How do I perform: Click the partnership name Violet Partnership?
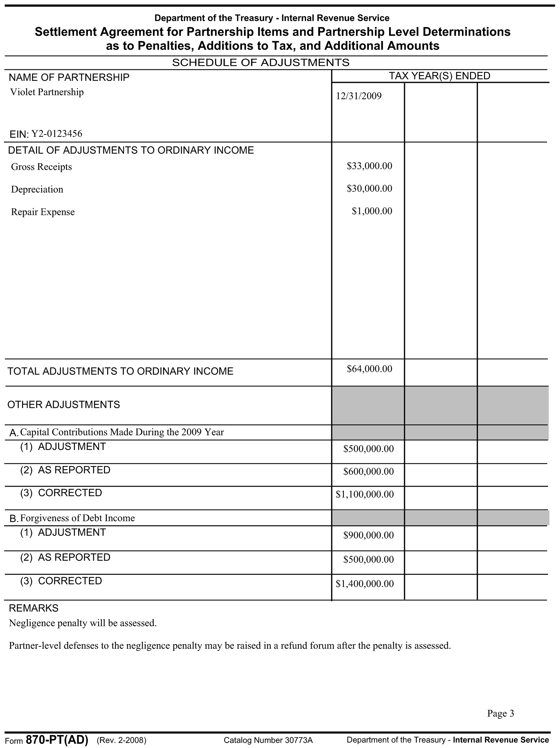point(47,92)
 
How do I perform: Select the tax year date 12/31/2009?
point(358,96)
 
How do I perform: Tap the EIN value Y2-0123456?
point(57,134)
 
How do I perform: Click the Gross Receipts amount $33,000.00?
point(369,166)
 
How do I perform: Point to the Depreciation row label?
point(37,189)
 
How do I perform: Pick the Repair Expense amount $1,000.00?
point(372,211)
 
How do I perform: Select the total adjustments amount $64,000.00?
point(369,369)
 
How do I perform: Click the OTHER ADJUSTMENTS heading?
point(64,404)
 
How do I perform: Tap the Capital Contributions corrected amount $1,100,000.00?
point(364,494)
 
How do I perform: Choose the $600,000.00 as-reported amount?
point(368,471)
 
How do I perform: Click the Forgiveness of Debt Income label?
point(78,518)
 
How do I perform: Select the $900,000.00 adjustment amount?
point(368,535)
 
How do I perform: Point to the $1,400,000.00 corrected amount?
point(364,583)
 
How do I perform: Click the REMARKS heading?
point(34,608)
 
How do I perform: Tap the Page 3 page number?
point(500,713)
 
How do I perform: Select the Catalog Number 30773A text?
point(268,740)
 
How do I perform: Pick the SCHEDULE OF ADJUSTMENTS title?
point(260,63)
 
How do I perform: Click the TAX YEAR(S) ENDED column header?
point(439,76)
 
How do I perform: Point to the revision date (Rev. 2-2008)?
point(121,740)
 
